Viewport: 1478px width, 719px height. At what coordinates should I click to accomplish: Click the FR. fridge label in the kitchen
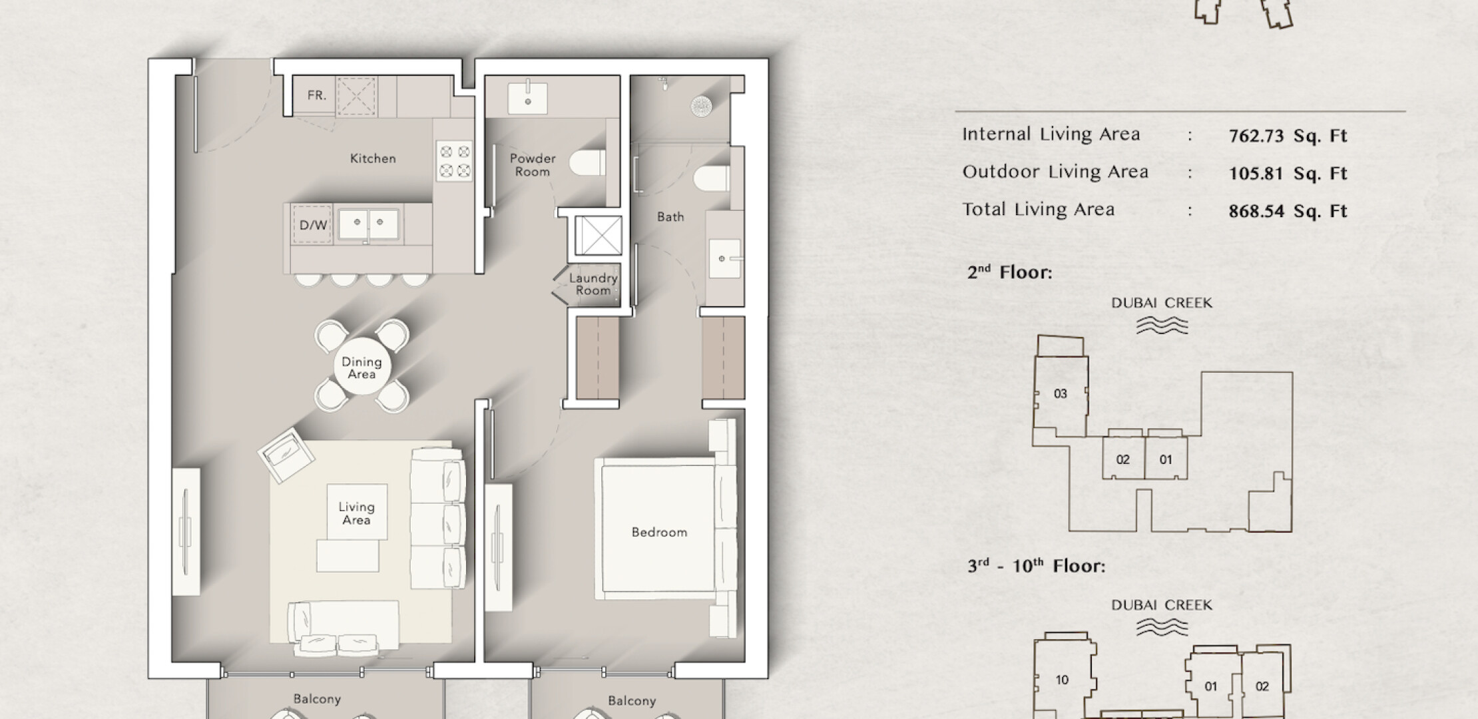(317, 95)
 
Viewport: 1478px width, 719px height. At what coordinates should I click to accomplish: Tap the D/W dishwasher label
(313, 225)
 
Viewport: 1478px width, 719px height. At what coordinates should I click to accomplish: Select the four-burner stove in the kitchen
(455, 161)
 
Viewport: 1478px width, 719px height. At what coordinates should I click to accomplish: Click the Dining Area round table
(362, 367)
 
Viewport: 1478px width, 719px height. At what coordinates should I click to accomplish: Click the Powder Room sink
(528, 99)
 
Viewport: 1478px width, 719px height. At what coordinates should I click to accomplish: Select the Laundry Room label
(593, 284)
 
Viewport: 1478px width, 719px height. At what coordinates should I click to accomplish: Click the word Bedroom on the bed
(659, 532)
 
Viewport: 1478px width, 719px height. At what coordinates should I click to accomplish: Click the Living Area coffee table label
(356, 513)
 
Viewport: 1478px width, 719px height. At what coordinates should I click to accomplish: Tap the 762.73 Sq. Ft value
(1288, 136)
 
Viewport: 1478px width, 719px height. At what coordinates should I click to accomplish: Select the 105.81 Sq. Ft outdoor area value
(1288, 174)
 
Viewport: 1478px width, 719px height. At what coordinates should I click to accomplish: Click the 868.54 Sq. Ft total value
(1288, 212)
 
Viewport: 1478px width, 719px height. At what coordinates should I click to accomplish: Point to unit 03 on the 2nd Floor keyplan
(1061, 393)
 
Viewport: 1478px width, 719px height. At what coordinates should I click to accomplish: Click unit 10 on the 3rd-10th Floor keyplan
(1062, 680)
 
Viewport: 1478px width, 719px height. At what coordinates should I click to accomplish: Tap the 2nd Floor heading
(1009, 272)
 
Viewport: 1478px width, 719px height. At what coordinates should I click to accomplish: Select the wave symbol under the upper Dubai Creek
(1162, 325)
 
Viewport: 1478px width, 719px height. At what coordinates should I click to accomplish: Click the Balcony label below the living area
(317, 699)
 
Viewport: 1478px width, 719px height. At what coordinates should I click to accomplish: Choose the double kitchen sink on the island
(369, 224)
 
